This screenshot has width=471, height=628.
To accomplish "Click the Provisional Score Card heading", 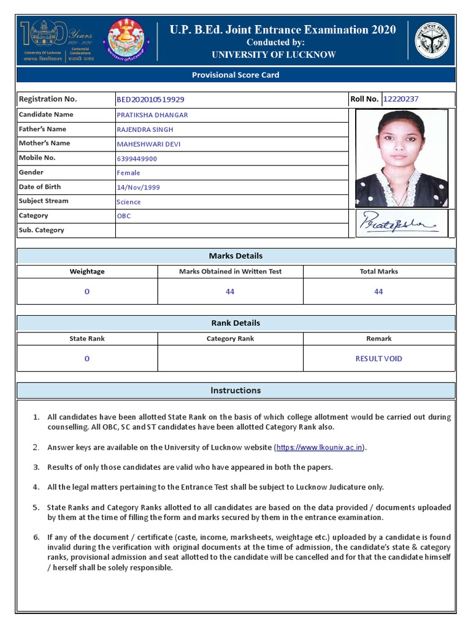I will click(x=235, y=75).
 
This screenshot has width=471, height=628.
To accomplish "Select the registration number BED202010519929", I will click(x=150, y=99).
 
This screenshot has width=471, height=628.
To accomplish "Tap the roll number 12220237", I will click(x=401, y=99).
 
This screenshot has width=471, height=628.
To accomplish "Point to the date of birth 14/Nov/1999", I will click(x=138, y=187).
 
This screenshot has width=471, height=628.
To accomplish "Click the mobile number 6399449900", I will click(x=137, y=158).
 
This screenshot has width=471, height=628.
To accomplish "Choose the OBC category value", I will click(x=124, y=216).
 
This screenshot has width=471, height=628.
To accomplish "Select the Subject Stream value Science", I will click(x=129, y=202).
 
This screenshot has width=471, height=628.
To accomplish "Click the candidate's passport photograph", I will click(x=402, y=158).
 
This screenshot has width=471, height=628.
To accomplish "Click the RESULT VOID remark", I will click(x=378, y=359).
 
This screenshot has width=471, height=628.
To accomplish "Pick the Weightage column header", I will click(x=87, y=271).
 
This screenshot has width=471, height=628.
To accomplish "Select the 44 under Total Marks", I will click(x=378, y=292).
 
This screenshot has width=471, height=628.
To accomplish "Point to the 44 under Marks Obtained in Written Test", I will click(x=230, y=292).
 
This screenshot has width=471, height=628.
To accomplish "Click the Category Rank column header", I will click(x=230, y=339).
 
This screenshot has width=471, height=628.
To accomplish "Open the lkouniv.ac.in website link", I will click(x=320, y=448).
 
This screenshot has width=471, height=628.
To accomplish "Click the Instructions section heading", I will click(x=235, y=390).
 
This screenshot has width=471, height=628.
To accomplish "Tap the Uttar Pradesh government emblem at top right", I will click(x=432, y=40).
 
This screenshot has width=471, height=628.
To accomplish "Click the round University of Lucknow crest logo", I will click(x=126, y=40).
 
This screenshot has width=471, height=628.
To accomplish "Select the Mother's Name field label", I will click(x=44, y=144).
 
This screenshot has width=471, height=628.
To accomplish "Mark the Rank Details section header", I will click(x=235, y=323).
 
